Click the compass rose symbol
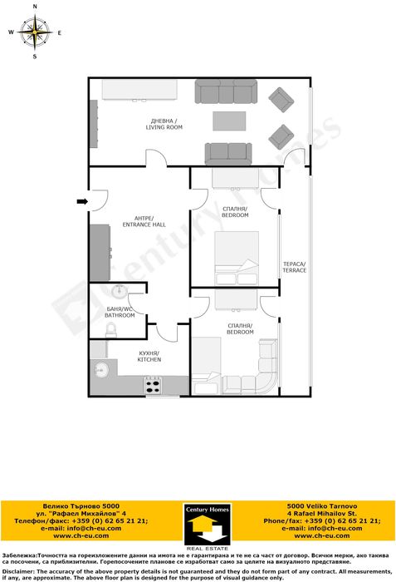point(35,33)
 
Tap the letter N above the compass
point(35,7)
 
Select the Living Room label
point(164,125)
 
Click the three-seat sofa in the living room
point(227,91)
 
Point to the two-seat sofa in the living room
point(228,153)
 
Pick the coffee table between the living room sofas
point(229,121)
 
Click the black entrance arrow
point(81,200)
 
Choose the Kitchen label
point(149,357)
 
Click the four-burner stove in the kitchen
point(154,385)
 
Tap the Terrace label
point(294,267)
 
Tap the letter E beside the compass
point(60,33)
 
